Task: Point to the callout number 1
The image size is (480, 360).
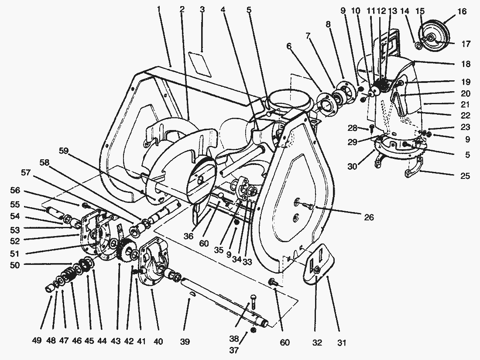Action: tap(159, 9)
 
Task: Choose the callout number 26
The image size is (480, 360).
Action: tap(369, 217)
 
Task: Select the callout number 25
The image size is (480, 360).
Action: tap(465, 176)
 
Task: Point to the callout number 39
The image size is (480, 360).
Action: tap(185, 342)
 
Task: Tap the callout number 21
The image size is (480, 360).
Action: tap(465, 104)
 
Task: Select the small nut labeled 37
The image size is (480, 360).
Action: tap(254, 330)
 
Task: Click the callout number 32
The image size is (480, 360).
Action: tap(317, 343)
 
